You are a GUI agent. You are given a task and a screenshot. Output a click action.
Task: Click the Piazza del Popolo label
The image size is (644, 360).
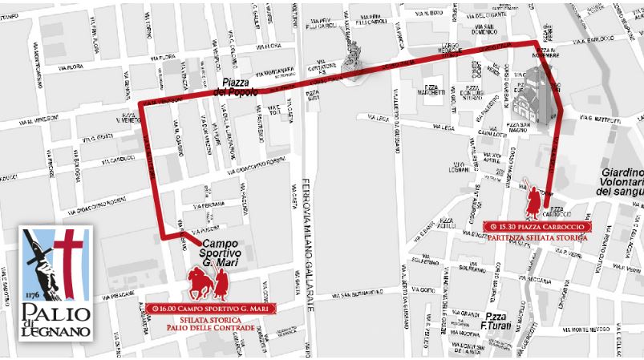coord(236,87)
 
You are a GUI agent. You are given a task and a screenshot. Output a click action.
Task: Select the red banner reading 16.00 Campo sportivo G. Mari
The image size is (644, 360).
coord(212,308)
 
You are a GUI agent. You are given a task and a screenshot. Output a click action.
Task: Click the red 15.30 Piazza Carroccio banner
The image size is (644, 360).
coord(537,227)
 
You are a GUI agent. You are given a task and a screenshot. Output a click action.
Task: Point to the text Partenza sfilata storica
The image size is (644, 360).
coord(537,238)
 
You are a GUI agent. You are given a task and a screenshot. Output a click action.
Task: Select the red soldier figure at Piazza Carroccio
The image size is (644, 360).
coord(532,197)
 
